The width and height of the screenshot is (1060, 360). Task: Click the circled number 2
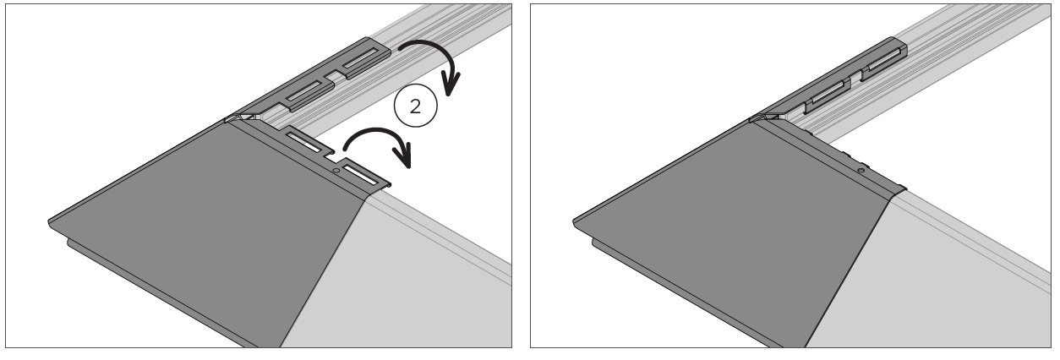tap(416, 106)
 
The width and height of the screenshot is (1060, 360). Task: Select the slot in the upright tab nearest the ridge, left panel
tap(303, 90)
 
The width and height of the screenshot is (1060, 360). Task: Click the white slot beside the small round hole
tap(360, 175)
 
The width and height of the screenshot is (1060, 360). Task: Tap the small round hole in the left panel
tap(336, 170)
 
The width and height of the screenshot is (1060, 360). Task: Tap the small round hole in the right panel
tap(861, 171)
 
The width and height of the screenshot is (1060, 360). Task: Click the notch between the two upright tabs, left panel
tap(331, 76)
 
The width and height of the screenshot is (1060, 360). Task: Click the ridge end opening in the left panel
tap(243, 117)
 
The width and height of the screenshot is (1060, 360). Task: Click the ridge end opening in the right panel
tap(767, 117)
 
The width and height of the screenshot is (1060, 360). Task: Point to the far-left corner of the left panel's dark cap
tap(49, 221)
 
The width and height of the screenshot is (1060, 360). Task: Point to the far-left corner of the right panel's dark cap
tap(574, 221)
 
